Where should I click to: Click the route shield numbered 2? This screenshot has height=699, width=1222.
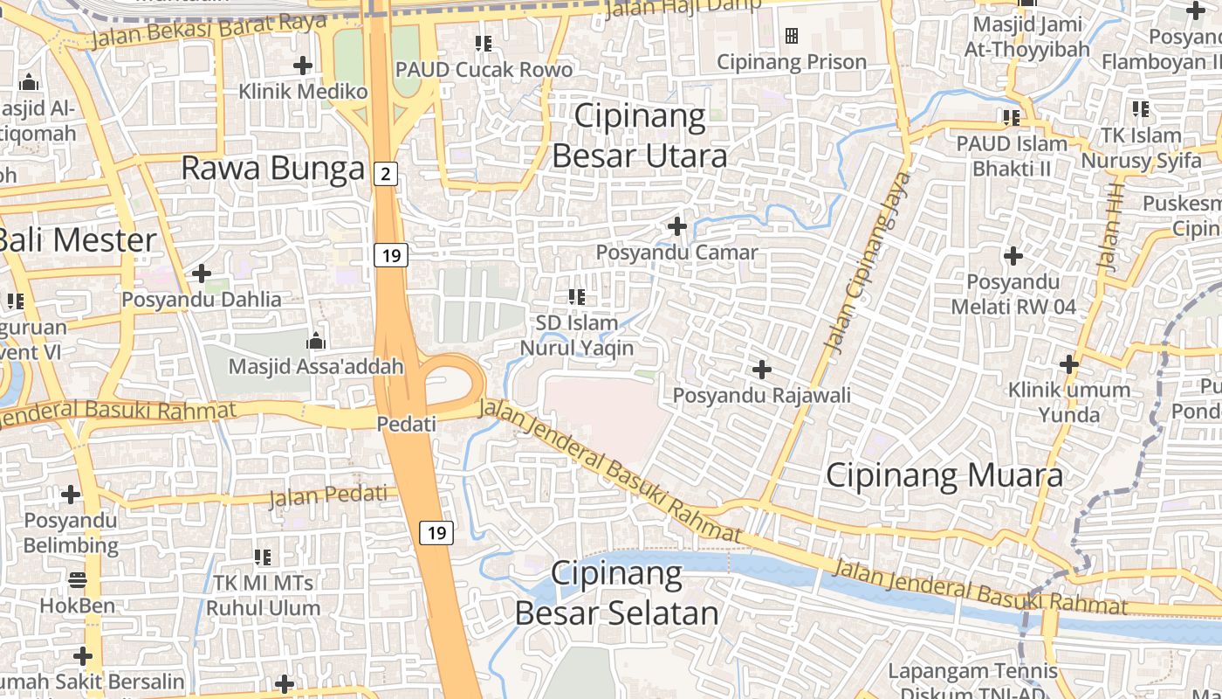coord(385,174)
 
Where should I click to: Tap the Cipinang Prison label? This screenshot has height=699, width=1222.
coord(792,62)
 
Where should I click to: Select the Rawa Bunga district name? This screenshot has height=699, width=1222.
coord(272,168)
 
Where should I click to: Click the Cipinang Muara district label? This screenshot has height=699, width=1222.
coord(944,475)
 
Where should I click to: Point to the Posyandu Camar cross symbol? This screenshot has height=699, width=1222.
coord(677,227)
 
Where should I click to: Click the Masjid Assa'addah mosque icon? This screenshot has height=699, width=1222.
coord(315,341)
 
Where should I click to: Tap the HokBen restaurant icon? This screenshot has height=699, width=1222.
coord(78,580)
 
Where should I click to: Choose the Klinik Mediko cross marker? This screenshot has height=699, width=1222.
coord(303,66)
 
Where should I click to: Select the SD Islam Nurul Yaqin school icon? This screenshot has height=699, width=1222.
coord(576,297)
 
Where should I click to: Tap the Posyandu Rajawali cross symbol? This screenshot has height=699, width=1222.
coord(762,370)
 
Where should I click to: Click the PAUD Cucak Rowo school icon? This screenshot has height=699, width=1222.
coord(483,43)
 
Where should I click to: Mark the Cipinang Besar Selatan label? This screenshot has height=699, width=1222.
coord(617,593)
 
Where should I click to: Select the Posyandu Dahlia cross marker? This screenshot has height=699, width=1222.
coord(202,274)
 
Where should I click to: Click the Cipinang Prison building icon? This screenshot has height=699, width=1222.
coord(792,36)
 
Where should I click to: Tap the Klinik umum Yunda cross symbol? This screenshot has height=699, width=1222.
coord(1069,364)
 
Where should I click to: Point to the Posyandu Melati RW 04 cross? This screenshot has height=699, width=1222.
coord(1013,257)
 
